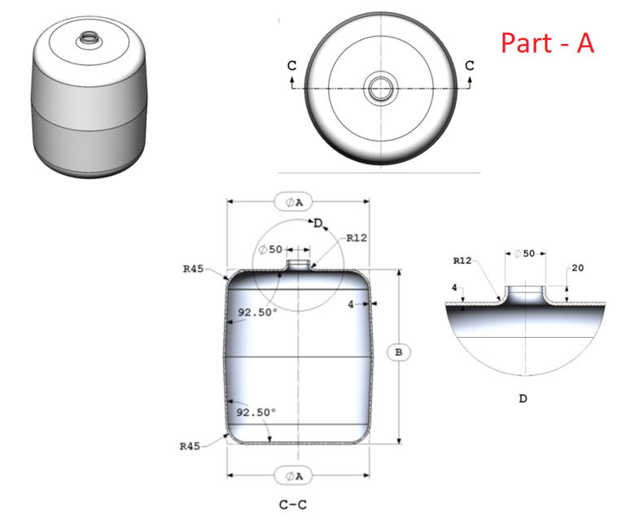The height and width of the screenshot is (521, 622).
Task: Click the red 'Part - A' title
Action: point(546,42)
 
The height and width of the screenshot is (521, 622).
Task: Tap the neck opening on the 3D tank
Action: point(85,38)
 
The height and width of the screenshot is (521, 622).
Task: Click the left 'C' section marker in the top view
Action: point(291,65)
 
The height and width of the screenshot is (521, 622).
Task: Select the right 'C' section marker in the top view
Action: point(469,65)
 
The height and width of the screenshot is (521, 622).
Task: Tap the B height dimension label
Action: point(398,352)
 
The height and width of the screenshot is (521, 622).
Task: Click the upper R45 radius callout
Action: point(193,268)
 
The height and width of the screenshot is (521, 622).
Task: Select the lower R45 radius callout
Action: point(191,446)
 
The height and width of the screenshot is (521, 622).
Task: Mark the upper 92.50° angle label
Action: point(257,312)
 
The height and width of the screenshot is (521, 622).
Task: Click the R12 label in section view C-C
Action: point(357,239)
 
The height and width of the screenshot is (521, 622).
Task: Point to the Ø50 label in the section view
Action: point(270,250)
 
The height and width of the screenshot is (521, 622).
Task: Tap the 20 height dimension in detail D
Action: point(578,268)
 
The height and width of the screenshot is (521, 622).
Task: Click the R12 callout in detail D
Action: point(462,261)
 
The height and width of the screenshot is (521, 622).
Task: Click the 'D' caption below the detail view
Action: point(522,399)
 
